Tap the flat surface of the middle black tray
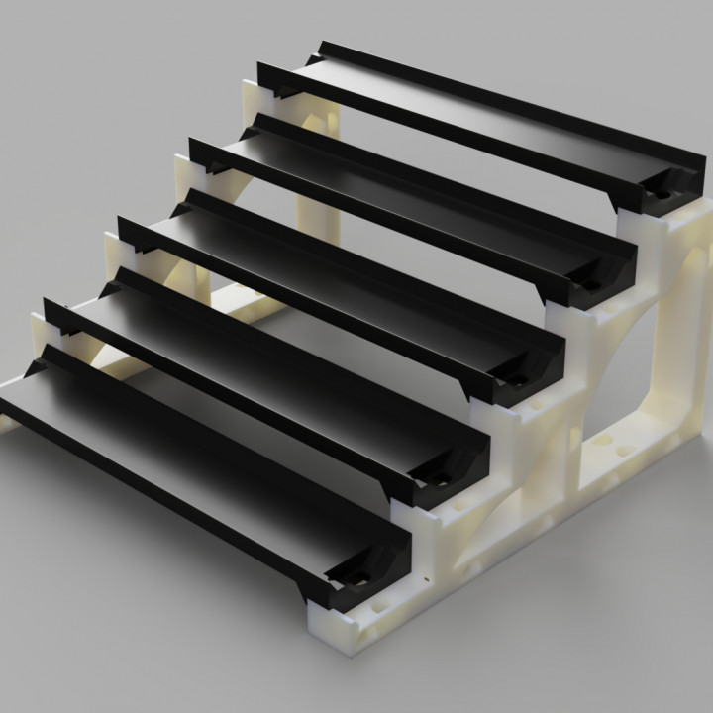[x=327, y=287]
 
